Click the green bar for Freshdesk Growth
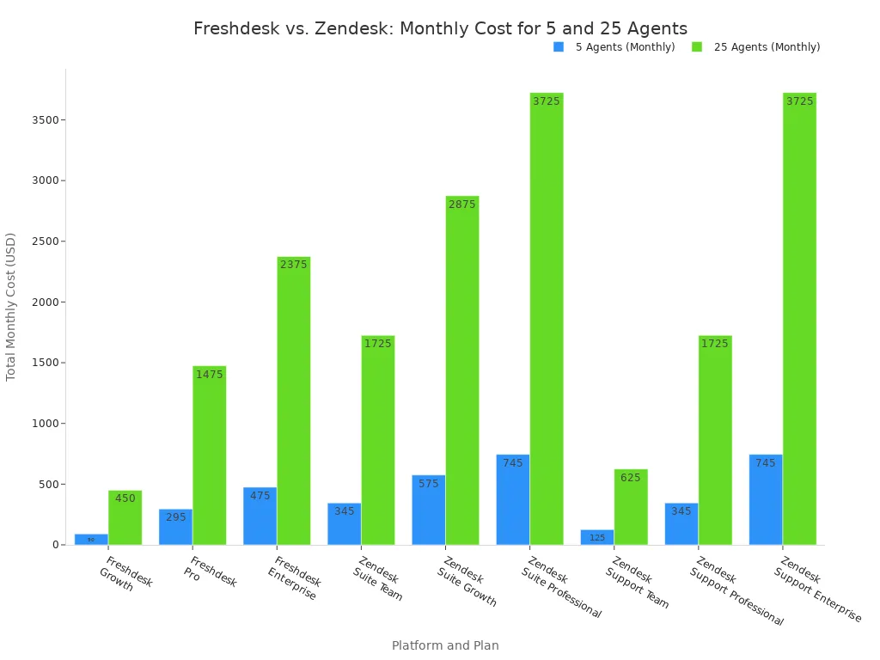point(125,517)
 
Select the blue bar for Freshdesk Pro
point(175,527)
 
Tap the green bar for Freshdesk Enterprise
point(293,400)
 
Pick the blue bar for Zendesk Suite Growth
point(428,510)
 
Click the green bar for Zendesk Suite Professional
point(546,319)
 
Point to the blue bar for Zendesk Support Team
point(596,537)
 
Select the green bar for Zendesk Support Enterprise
point(799,319)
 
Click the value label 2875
point(461,205)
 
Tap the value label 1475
point(209,375)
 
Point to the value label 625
point(631,478)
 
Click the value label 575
point(428,484)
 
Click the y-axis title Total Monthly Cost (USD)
point(11,307)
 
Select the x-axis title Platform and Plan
point(445,645)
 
